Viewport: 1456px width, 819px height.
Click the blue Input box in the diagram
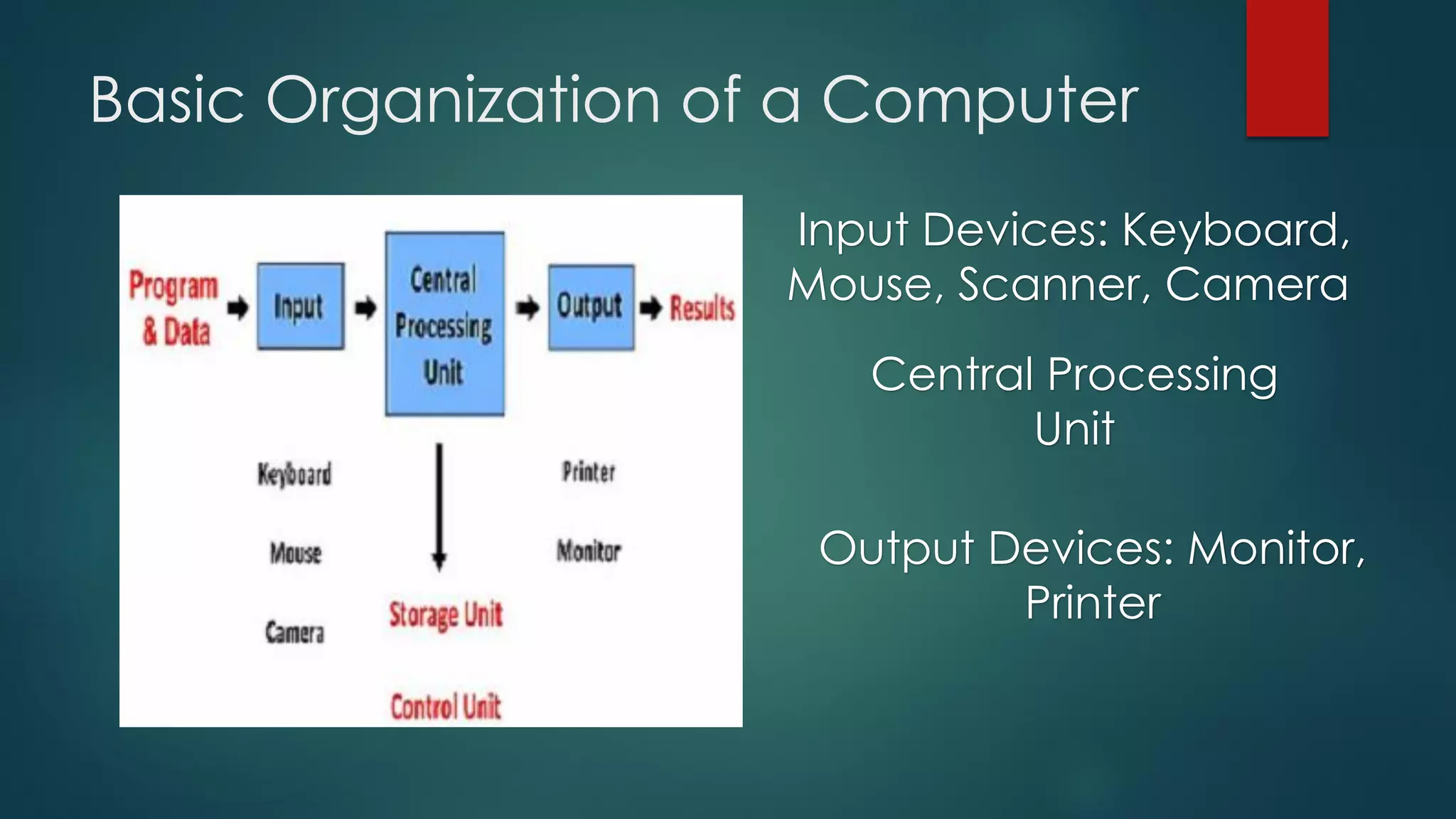(300, 306)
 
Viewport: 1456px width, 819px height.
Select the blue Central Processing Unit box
(444, 324)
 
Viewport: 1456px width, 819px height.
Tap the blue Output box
(590, 307)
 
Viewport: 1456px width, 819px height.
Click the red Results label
(702, 309)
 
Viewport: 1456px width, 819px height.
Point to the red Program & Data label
(174, 309)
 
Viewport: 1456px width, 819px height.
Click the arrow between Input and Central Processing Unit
(365, 309)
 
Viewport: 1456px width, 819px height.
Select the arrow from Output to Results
(651, 309)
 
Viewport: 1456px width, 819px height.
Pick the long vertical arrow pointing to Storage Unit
(439, 506)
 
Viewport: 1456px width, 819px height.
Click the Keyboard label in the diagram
(294, 474)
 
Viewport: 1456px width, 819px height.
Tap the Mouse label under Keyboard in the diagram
(296, 552)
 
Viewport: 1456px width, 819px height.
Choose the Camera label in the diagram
(294, 631)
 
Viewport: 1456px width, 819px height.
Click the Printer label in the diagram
(589, 471)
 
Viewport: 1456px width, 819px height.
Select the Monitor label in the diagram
(589, 550)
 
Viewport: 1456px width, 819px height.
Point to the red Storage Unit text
(446, 615)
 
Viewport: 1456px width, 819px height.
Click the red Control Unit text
(446, 707)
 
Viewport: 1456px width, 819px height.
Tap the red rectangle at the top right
(1287, 68)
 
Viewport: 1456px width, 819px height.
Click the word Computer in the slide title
(980, 101)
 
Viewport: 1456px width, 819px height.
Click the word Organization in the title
(464, 101)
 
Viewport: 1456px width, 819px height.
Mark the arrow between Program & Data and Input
(237, 309)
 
